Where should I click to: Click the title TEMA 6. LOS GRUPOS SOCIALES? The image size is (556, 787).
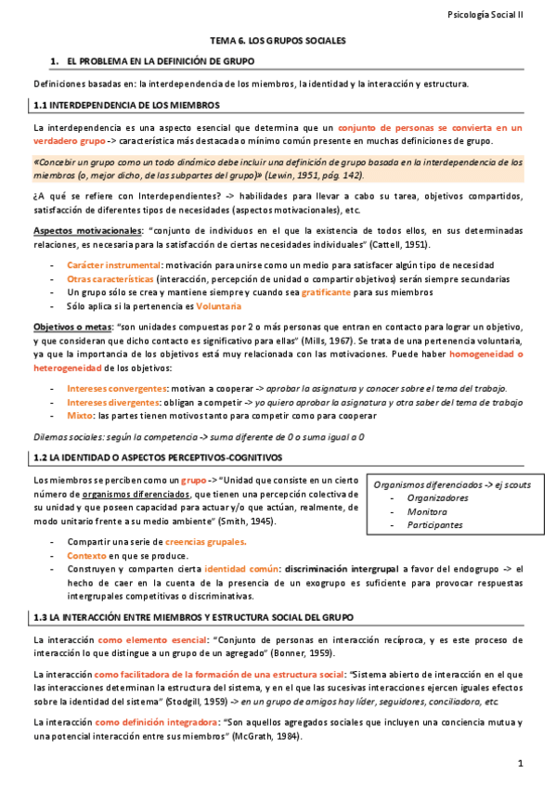pyautogui.click(x=278, y=42)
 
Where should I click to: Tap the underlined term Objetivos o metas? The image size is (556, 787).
pyautogui.click(x=71, y=328)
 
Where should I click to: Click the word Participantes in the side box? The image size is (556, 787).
pyautogui.click(x=434, y=524)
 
